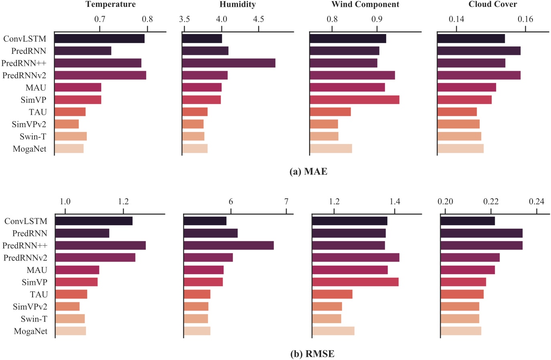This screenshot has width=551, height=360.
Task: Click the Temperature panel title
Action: pos(110,4)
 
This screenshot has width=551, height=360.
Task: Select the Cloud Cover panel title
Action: pos(492,4)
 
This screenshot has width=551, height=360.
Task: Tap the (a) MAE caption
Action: pos(308,172)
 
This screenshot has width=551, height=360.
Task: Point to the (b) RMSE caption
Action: pos(312,354)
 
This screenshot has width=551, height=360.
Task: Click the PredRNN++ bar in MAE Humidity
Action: pos(228,63)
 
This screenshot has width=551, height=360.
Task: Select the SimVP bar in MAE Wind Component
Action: pos(354,100)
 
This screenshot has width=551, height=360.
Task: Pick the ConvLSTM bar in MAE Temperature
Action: pos(100,39)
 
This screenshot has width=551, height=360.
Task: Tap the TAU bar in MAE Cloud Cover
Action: pos(457,112)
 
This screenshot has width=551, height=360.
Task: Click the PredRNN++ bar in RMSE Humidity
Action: pos(228,245)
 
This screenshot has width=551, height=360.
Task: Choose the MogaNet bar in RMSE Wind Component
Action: pos(333,331)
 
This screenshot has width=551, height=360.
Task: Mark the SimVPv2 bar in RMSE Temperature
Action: pos(67,307)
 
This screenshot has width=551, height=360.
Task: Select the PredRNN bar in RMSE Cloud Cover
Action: pos(481,233)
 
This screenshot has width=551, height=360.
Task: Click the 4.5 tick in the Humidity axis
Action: pos(258,19)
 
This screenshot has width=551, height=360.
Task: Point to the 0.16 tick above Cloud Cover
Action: pos(525,19)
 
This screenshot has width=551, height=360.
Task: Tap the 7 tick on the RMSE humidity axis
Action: pos(286,201)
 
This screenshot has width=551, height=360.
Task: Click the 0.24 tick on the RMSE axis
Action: pos(537,201)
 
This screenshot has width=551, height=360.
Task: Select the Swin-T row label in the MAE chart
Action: pos(33,136)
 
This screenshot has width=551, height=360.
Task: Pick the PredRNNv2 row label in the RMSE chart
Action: pos(25,258)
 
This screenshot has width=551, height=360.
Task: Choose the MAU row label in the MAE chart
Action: pos(36,87)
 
